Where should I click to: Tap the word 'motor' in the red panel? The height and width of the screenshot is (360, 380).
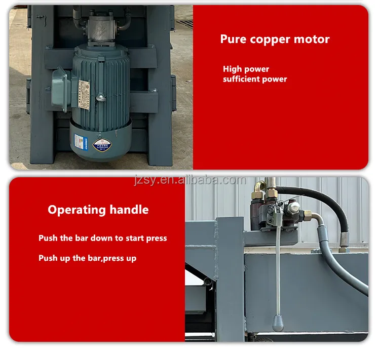pos(313,39)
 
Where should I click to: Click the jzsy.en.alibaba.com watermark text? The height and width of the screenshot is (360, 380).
pos(190,180)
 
